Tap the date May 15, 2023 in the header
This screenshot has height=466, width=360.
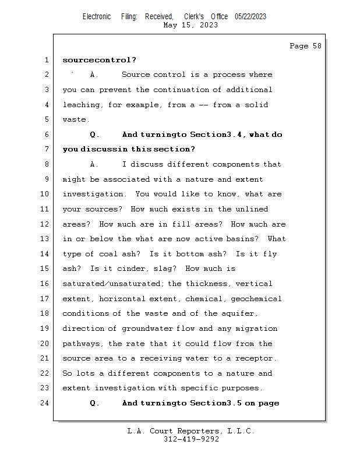coord(190,25)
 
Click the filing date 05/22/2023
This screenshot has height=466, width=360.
coord(250,17)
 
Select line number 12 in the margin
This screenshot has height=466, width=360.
coord(46,224)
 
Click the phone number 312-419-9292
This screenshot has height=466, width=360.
coord(191,439)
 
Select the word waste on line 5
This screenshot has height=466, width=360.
coord(75,119)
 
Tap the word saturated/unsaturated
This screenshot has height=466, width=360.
coord(114,284)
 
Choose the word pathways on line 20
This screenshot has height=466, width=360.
coord(83,344)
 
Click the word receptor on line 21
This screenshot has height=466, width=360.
coord(255,358)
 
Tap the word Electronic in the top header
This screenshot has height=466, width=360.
coord(97,17)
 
